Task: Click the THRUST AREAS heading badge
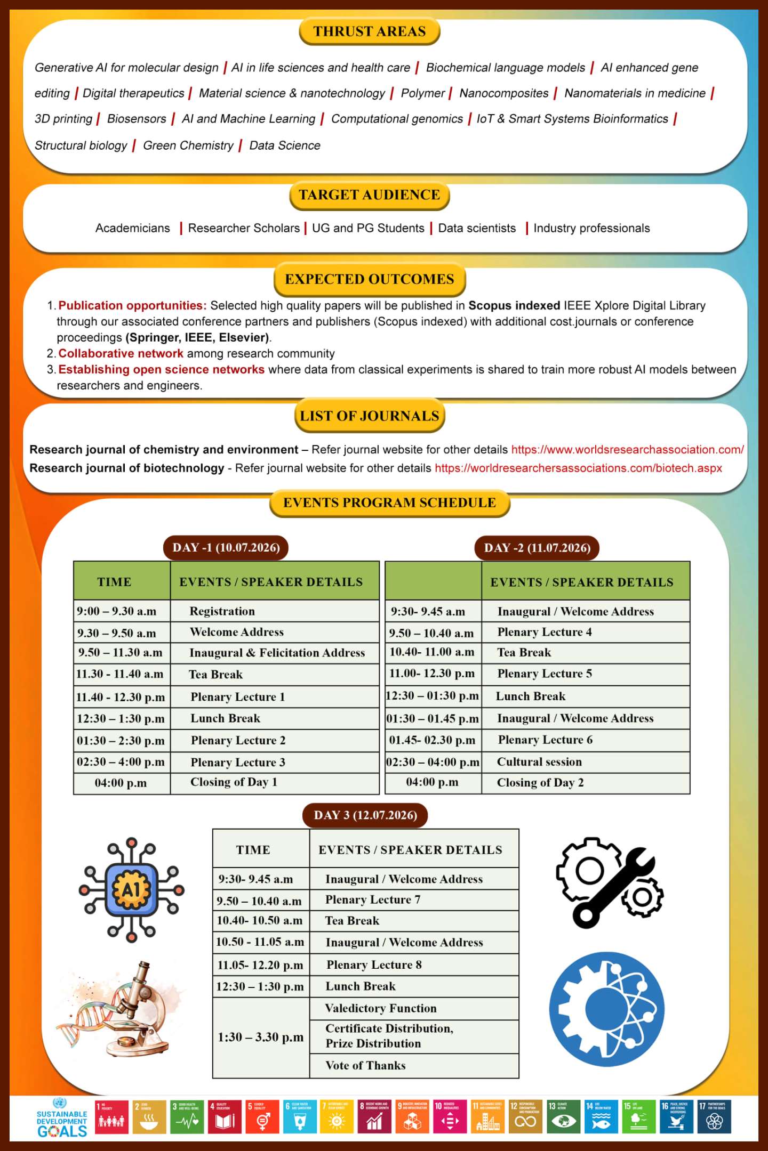369,31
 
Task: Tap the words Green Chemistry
188,145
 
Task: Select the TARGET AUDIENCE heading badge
369,195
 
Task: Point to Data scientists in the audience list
477,228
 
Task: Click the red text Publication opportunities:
132,305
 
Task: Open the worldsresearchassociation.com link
627,449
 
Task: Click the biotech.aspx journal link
578,468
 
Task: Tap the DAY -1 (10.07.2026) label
226,548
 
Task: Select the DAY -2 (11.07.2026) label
537,548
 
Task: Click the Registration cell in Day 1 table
222,611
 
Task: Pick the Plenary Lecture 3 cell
238,763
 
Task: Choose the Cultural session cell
539,762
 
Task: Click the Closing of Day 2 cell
540,783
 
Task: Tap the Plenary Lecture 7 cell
373,900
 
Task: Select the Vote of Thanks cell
365,1065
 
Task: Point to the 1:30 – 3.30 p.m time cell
261,1037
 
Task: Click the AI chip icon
131,889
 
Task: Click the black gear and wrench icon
609,882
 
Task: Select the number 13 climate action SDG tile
564,1116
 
